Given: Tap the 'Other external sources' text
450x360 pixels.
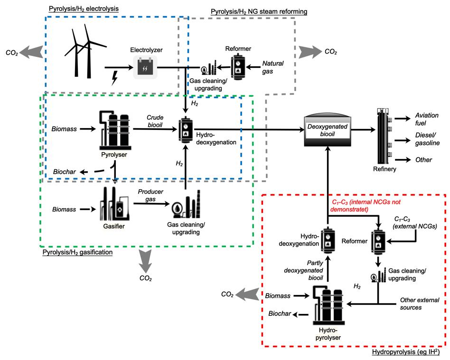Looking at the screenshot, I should [x=418, y=304].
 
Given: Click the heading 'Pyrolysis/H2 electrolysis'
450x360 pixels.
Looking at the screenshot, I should [x=84, y=9].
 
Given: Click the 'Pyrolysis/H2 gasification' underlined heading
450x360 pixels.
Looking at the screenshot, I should [x=77, y=253].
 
